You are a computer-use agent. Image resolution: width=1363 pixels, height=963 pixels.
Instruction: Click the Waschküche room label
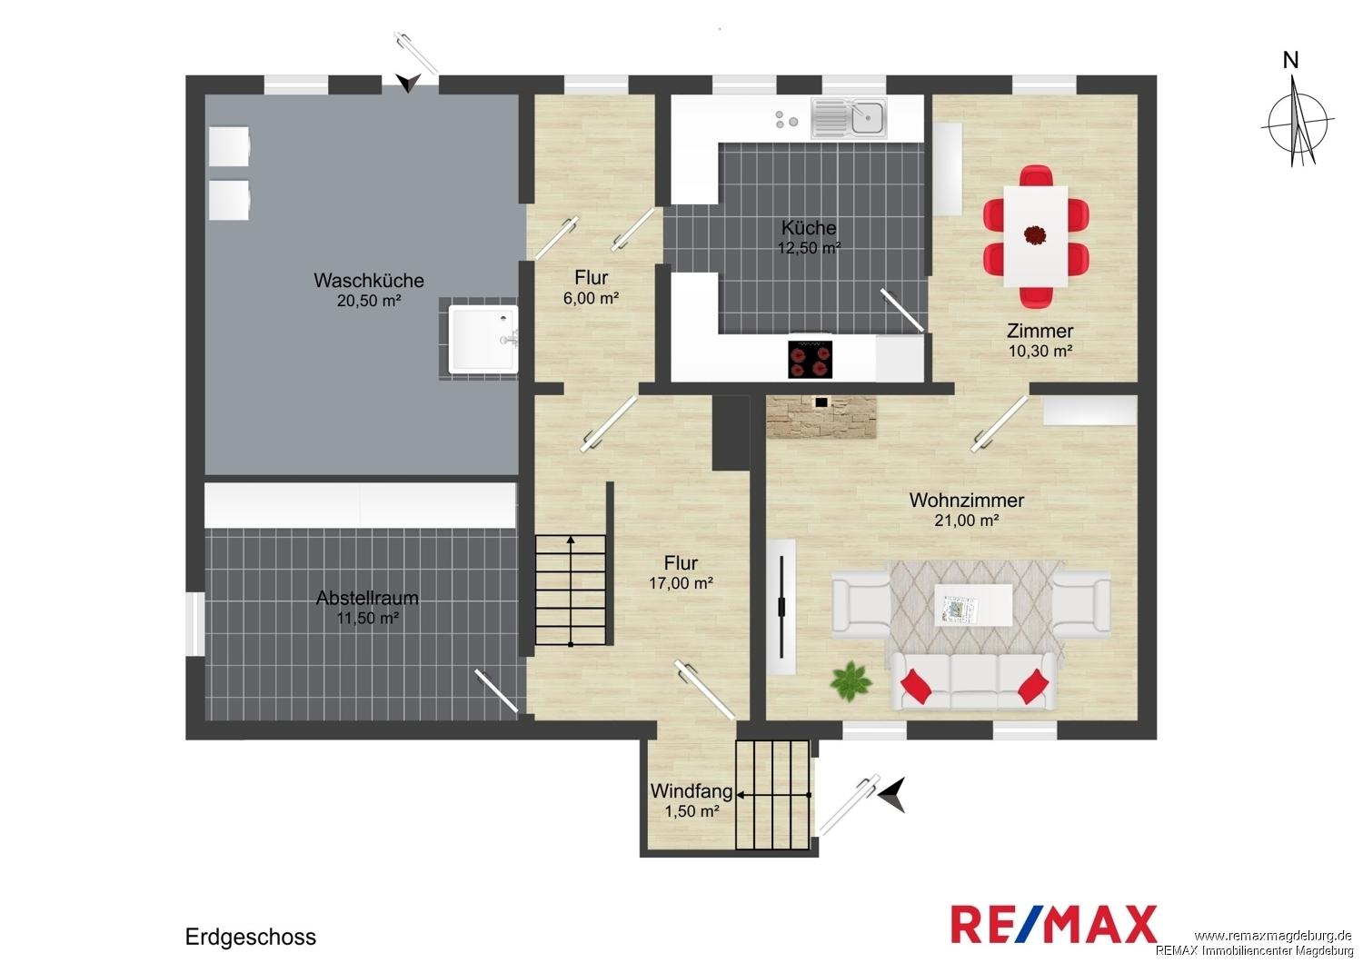(369, 281)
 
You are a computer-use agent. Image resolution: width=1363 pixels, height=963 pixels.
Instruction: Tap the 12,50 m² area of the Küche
(809, 248)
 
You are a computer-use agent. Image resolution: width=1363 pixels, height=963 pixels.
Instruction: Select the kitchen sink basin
(869, 117)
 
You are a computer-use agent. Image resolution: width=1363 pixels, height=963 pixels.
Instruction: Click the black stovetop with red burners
(810, 360)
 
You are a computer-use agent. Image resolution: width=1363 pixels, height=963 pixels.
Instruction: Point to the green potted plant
(851, 681)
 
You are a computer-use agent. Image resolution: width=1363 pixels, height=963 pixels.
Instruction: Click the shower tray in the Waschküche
(483, 339)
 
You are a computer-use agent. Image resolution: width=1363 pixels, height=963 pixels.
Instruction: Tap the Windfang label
(691, 790)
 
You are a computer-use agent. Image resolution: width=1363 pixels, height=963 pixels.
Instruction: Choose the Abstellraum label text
(367, 598)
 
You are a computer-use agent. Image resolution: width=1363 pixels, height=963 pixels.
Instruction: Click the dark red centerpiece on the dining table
(1034, 234)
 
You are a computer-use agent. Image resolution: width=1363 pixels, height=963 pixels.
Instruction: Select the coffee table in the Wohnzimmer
(973, 605)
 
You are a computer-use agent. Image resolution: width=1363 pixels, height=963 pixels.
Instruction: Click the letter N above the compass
(1290, 60)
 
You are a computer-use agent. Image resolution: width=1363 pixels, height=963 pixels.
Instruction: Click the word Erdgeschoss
(251, 937)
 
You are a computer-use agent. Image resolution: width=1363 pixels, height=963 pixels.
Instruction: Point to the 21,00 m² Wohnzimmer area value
(966, 521)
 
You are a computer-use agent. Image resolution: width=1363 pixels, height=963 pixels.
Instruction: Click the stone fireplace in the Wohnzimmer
(821, 417)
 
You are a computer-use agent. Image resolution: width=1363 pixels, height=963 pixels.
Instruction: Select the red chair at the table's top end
(1036, 175)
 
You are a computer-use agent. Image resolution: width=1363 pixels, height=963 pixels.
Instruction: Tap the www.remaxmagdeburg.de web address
(1272, 936)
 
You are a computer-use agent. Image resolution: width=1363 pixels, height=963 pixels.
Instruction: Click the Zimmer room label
(1040, 331)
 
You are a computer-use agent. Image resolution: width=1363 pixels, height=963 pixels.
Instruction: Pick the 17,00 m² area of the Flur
(681, 583)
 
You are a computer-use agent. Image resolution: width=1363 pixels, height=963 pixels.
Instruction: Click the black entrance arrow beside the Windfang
(892, 795)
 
